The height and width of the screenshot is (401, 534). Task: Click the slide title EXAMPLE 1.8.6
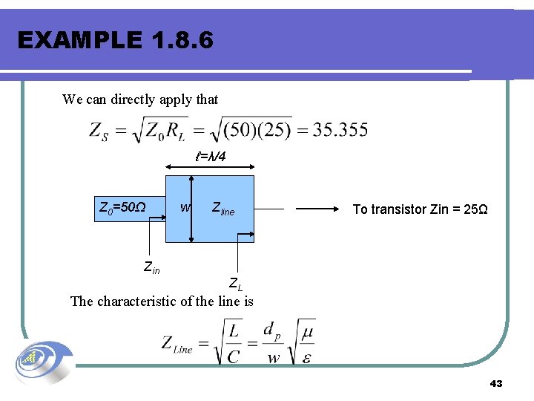[115, 40]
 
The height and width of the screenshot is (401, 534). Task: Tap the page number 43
[496, 383]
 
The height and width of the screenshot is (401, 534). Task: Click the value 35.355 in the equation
[340, 130]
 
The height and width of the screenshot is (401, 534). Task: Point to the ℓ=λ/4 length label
[211, 157]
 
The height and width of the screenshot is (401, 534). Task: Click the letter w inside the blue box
[185, 206]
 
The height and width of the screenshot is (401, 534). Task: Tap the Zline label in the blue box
[222, 209]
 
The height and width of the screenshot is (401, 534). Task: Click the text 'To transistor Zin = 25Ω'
[420, 209]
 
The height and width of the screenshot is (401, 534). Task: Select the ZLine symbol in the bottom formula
[177, 345]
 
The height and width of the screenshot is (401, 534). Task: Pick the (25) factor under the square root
[274, 131]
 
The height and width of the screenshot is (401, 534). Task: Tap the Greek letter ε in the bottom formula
[306, 357]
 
